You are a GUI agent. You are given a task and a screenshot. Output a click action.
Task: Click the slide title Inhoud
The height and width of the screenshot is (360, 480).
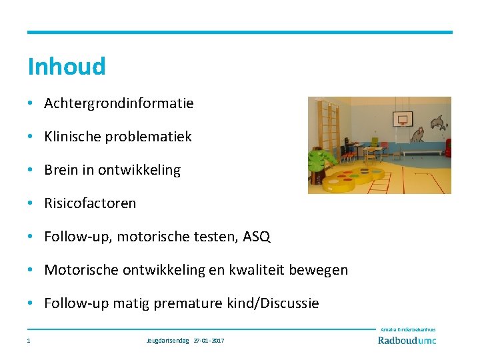coord(66,67)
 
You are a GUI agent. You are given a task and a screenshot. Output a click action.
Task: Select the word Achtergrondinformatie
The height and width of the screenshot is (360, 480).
coord(119,103)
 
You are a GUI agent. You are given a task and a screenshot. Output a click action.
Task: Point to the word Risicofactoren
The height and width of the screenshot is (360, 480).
coord(90,203)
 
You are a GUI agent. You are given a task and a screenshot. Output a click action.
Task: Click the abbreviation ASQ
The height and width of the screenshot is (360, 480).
coord(257,237)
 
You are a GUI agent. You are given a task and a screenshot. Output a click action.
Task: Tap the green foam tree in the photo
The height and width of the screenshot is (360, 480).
coord(321,161)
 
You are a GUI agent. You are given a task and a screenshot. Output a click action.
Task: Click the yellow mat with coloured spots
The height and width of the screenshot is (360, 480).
coord(357,179)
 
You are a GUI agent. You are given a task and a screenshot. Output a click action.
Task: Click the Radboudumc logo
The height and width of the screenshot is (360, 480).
coord(407,340)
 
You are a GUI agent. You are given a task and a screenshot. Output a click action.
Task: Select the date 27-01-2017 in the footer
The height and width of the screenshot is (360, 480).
coord(209,341)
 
